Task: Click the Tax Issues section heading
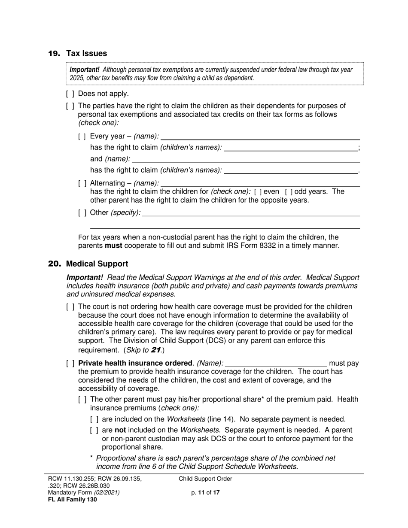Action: coord(86,54)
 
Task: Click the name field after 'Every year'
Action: coord(260,137)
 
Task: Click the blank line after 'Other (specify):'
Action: coord(251,212)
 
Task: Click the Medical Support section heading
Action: coord(97,264)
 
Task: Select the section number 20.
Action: coord(55,264)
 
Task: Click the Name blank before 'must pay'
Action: coord(276,364)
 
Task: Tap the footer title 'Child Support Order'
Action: coord(205,479)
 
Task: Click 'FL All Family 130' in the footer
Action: coord(72,499)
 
